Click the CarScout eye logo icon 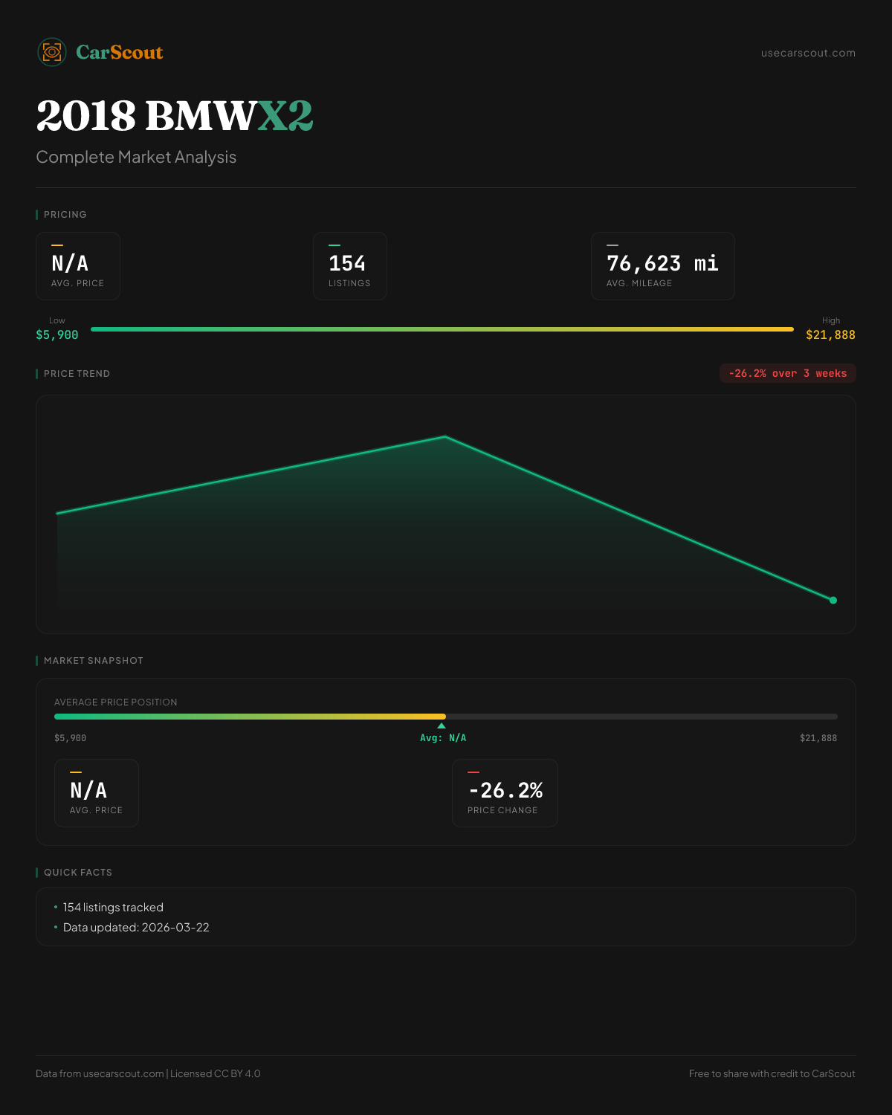52,52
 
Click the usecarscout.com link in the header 808,53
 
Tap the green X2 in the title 285,116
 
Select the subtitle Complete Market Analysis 136,157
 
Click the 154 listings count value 347,263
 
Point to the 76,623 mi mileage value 662,263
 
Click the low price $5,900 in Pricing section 57,334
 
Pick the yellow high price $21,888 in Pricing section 830,334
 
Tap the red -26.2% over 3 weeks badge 787,373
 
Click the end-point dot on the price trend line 833,600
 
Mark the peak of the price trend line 445,436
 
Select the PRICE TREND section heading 77,373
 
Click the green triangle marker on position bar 442,725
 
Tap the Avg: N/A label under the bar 443,737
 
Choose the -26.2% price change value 505,790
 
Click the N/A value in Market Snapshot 88,790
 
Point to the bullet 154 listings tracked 113,907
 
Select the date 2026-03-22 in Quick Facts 175,927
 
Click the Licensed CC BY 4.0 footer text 215,1073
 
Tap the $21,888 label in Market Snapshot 818,737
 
